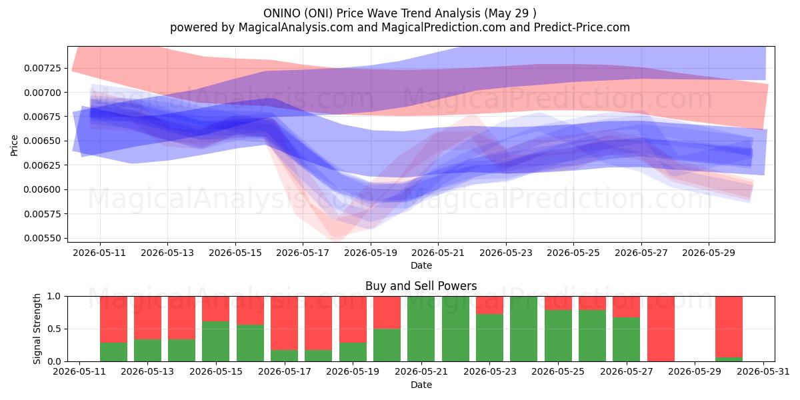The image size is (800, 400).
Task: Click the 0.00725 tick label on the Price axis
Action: point(43,68)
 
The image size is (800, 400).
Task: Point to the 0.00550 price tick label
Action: point(43,238)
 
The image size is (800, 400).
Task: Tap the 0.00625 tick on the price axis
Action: point(43,165)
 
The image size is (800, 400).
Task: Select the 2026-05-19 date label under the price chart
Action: point(371,253)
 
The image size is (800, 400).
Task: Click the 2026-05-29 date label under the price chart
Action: point(709,253)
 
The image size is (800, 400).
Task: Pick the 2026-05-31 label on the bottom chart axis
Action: point(763,371)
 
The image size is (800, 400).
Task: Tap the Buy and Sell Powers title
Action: point(421,286)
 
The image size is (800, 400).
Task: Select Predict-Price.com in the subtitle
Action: point(582,27)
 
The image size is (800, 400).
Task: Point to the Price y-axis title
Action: point(14,145)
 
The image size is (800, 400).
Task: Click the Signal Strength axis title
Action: point(37,329)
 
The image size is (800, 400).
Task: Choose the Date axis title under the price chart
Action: point(421,265)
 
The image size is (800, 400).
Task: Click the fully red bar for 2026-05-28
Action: point(661,329)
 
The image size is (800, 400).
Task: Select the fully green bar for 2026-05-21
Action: point(421,329)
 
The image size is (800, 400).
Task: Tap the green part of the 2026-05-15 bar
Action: point(216,341)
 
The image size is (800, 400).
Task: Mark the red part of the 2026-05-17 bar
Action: point(284,323)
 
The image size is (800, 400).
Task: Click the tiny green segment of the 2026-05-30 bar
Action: point(729,359)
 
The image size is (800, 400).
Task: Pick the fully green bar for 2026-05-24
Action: point(523,329)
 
